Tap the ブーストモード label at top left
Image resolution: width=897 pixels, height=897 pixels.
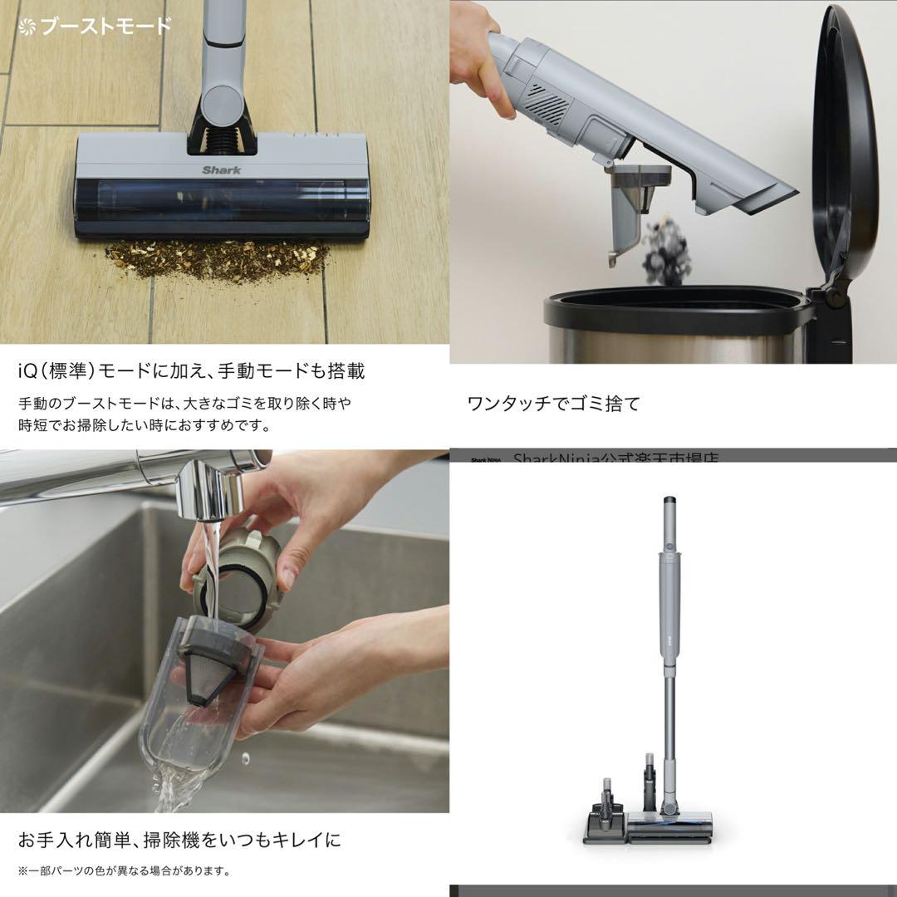coord(95,26)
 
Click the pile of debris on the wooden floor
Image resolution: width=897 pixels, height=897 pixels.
coord(218,259)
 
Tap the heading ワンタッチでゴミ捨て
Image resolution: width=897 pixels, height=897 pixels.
coord(554,404)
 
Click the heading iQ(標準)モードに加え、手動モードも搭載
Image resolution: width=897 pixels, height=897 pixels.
coord(191,370)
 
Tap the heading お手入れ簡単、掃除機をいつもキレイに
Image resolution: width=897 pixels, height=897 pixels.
coord(179,840)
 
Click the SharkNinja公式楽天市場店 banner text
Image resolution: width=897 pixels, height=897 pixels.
coord(615,458)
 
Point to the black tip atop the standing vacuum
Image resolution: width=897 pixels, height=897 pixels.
coord(669,502)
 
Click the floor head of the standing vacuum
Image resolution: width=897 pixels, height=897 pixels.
coord(669,826)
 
